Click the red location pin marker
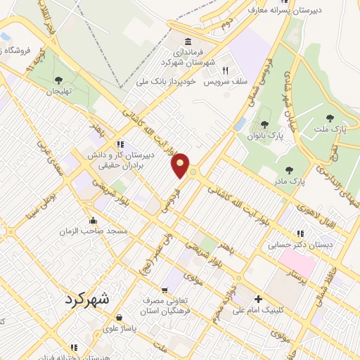click(x=181, y=165)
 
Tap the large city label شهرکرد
click(x=87, y=298)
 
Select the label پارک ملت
click(x=333, y=129)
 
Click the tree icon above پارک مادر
click(x=289, y=169)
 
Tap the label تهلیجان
click(x=60, y=91)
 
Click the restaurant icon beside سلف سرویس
click(x=226, y=70)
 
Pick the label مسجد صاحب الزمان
click(x=92, y=231)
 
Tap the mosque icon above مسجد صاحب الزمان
click(x=93, y=220)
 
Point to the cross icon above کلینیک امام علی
click(x=258, y=300)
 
